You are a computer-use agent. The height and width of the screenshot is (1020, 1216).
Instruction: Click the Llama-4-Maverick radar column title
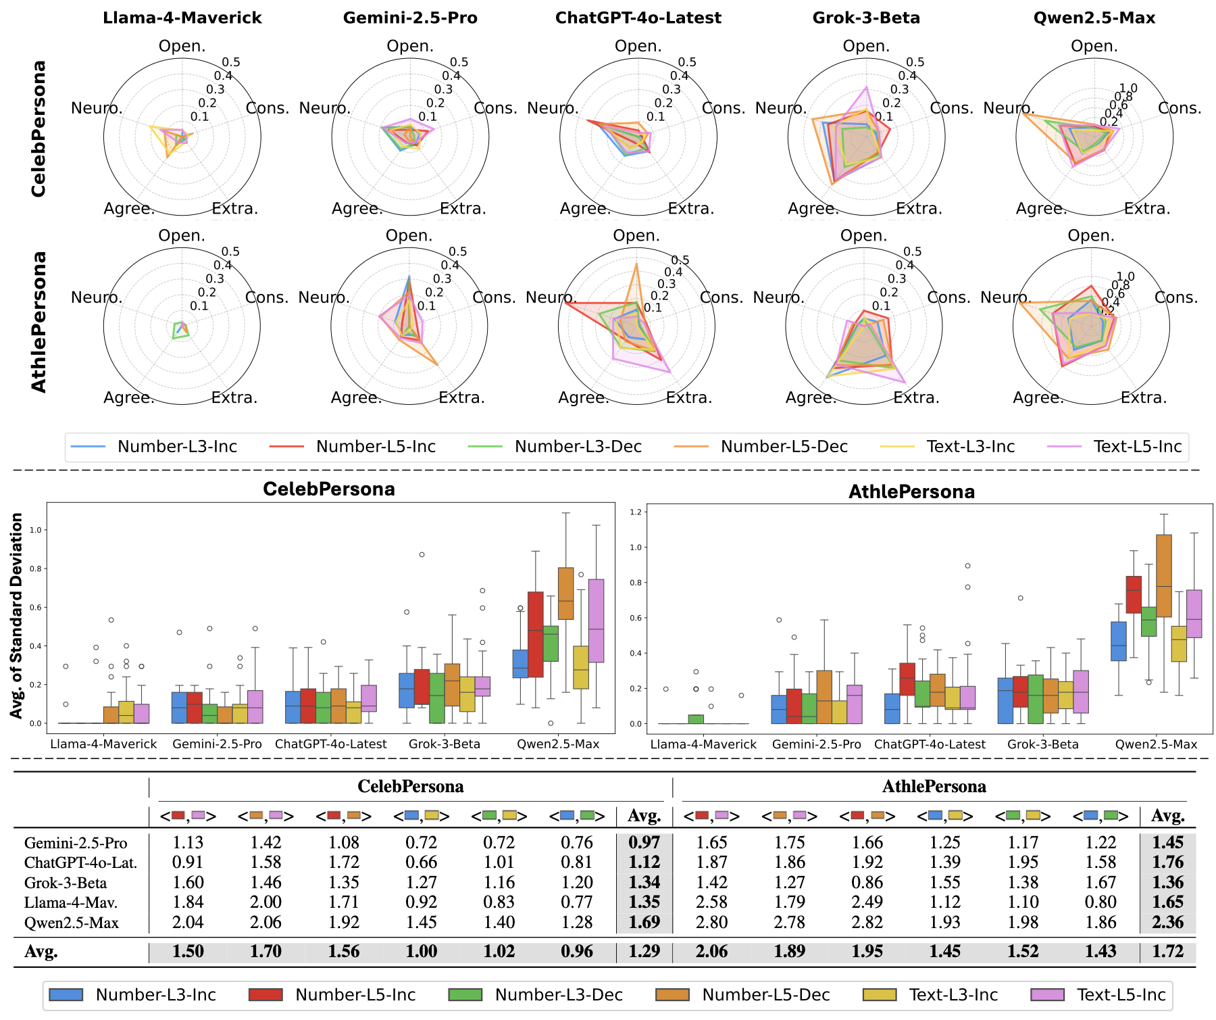(x=182, y=18)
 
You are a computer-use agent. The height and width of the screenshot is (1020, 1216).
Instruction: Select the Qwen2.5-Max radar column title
(x=1094, y=18)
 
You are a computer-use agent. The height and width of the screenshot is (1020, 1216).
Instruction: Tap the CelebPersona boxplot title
(x=329, y=489)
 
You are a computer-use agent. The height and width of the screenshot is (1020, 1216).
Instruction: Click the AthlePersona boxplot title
(x=911, y=491)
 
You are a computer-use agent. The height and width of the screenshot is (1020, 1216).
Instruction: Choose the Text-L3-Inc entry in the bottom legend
(x=953, y=995)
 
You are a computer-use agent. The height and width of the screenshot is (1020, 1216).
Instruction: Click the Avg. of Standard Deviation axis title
(x=17, y=615)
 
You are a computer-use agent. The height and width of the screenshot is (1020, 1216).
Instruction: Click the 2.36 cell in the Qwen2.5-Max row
(x=1167, y=922)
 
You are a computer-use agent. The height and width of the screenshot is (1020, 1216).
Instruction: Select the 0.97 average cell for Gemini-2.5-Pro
(x=644, y=843)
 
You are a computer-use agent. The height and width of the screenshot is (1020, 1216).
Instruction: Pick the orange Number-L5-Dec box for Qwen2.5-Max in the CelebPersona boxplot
(x=565, y=593)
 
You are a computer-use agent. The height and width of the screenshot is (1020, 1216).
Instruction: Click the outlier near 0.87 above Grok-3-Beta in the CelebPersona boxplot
(x=422, y=554)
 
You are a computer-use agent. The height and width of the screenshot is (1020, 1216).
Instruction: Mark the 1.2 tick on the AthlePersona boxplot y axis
(x=635, y=512)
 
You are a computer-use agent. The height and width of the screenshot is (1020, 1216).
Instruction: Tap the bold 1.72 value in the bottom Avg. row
(x=1167, y=952)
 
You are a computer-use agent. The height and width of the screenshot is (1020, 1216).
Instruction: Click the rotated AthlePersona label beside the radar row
(x=39, y=321)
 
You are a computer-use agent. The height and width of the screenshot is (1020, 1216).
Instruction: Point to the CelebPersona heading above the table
(x=410, y=787)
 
